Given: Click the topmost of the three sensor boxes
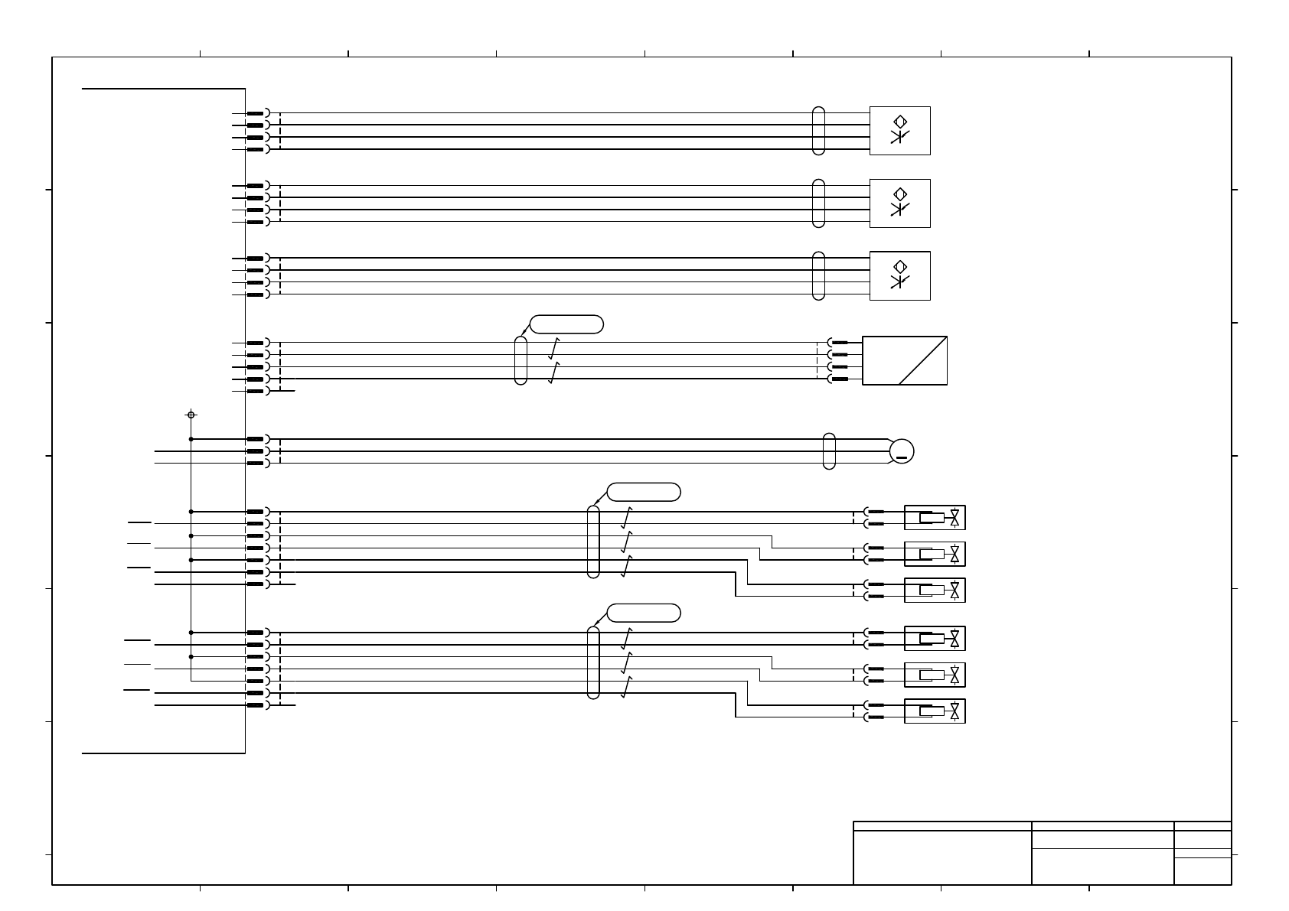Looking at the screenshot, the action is click(899, 131).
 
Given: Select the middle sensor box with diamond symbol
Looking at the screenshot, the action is click(899, 203).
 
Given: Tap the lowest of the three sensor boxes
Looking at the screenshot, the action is click(899, 275).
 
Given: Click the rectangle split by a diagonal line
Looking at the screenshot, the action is click(905, 360).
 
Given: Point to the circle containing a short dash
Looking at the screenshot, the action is click(902, 451).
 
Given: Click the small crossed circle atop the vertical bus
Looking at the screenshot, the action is click(191, 415).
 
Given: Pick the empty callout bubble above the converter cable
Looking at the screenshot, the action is click(566, 324).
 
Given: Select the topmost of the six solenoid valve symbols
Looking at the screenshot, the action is click(935, 518).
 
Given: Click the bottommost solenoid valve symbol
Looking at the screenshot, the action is click(935, 711).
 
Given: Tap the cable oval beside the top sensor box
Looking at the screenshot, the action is click(818, 131).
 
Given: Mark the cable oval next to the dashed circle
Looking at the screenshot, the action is click(829, 451).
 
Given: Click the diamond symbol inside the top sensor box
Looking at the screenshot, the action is click(900, 121).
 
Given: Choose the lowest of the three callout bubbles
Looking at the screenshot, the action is click(644, 613).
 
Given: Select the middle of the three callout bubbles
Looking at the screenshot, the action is click(644, 492).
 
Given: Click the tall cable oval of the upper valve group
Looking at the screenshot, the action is click(593, 542).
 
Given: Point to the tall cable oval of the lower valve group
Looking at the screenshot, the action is click(593, 662).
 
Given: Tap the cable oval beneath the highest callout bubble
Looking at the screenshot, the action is click(520, 360).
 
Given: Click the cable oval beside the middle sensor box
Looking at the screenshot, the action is click(818, 203).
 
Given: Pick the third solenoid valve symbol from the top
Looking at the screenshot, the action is click(935, 590).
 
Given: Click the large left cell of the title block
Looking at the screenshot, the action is click(942, 857).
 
